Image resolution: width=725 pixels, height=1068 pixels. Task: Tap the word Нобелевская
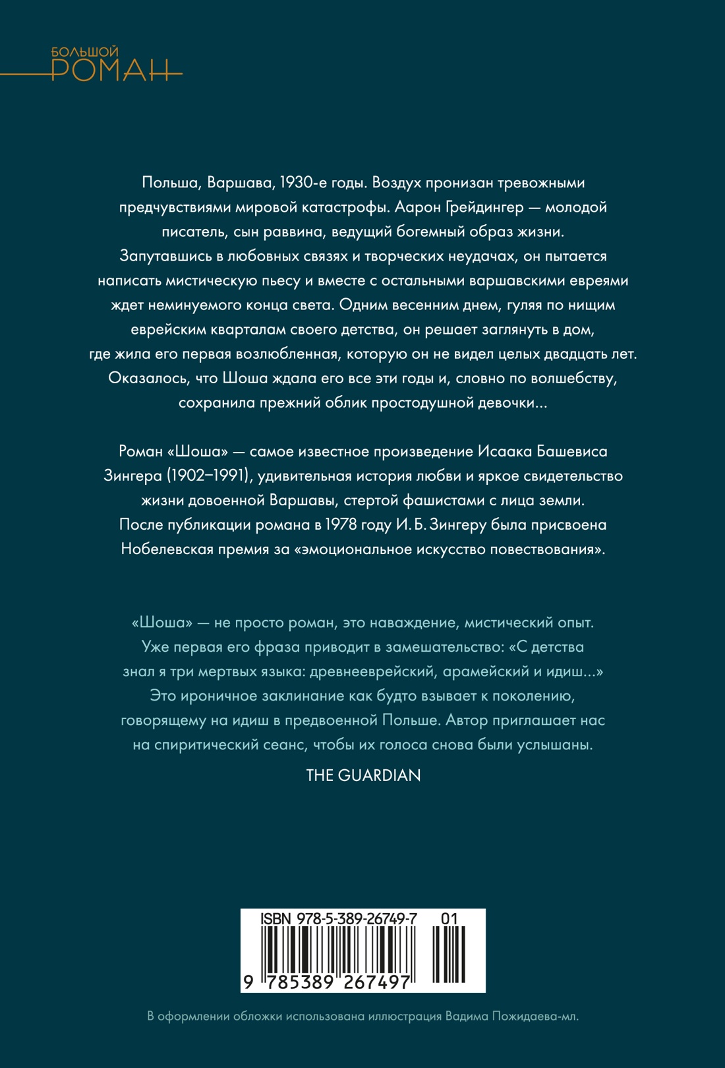click(x=169, y=550)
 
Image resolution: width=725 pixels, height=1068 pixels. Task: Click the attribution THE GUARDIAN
click(x=363, y=776)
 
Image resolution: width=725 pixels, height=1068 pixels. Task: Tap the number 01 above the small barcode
click(x=449, y=919)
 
